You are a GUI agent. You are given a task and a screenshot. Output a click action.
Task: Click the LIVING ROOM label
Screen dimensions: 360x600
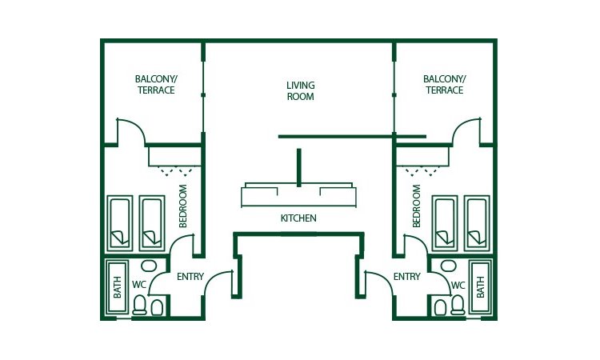coord(300,90)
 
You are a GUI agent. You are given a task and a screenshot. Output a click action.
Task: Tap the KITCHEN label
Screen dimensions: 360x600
coord(298,218)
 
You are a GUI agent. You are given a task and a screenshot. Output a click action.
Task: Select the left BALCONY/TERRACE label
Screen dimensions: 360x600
coord(154,85)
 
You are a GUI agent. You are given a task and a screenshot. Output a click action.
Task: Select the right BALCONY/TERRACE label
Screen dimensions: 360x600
coord(444,85)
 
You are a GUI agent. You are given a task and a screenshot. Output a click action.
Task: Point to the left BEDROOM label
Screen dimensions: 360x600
coord(183,206)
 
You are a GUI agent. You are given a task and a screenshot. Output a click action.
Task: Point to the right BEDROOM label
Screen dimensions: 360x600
coord(416,206)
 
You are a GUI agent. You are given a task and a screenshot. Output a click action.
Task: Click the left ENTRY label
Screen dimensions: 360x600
coord(190,278)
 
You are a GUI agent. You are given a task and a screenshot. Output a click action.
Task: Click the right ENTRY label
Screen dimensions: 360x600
coord(406,278)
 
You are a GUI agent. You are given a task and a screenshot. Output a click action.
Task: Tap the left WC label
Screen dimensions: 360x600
coord(139,284)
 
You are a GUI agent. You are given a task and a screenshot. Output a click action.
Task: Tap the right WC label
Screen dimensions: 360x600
coord(458,284)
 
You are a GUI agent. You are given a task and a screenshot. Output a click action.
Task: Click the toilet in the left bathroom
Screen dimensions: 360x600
coord(140,306)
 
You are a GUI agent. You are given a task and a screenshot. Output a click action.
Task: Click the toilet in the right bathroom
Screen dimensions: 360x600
coord(458,306)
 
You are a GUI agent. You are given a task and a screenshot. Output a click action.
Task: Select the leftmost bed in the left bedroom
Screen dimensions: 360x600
coord(120,223)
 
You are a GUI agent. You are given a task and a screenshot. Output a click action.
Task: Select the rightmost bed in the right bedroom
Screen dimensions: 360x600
coord(477,223)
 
